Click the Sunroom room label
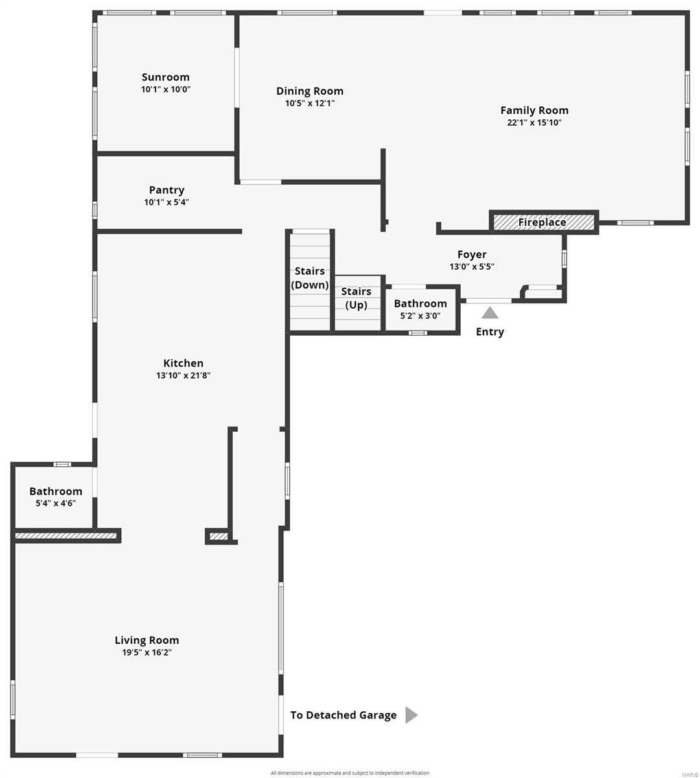point(165,77)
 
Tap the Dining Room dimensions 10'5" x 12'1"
point(310,103)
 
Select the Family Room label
point(534,110)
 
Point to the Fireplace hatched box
point(543,222)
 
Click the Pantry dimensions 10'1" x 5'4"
point(167,202)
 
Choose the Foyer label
point(472,254)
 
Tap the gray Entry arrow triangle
point(489,312)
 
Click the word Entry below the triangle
point(489,332)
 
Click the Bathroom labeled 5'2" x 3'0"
point(420,309)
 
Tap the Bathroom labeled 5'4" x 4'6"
point(56,497)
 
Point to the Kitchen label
point(183,363)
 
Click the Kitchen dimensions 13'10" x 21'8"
point(183,375)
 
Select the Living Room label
point(147,640)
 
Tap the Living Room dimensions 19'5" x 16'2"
point(147,653)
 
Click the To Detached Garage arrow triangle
point(411,715)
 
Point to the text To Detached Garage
point(343,715)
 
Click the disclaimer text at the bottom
point(350,773)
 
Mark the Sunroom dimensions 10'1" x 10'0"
point(165,90)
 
